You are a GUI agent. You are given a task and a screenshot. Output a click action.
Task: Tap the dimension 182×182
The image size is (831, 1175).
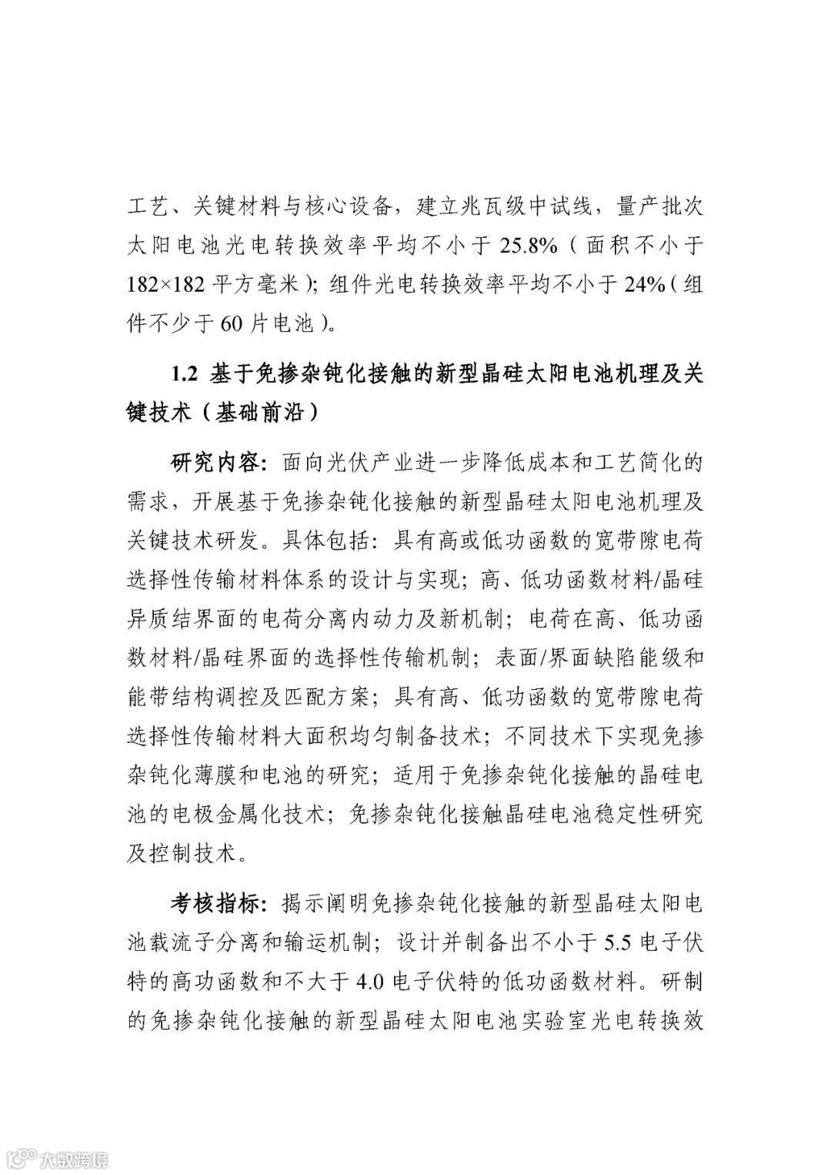(166, 286)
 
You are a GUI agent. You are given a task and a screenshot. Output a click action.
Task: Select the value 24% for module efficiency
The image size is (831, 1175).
(641, 286)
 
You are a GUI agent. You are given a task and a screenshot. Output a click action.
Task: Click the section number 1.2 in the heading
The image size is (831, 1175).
(185, 374)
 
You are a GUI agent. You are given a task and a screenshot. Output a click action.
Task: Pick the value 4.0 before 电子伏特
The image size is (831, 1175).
(374, 982)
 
